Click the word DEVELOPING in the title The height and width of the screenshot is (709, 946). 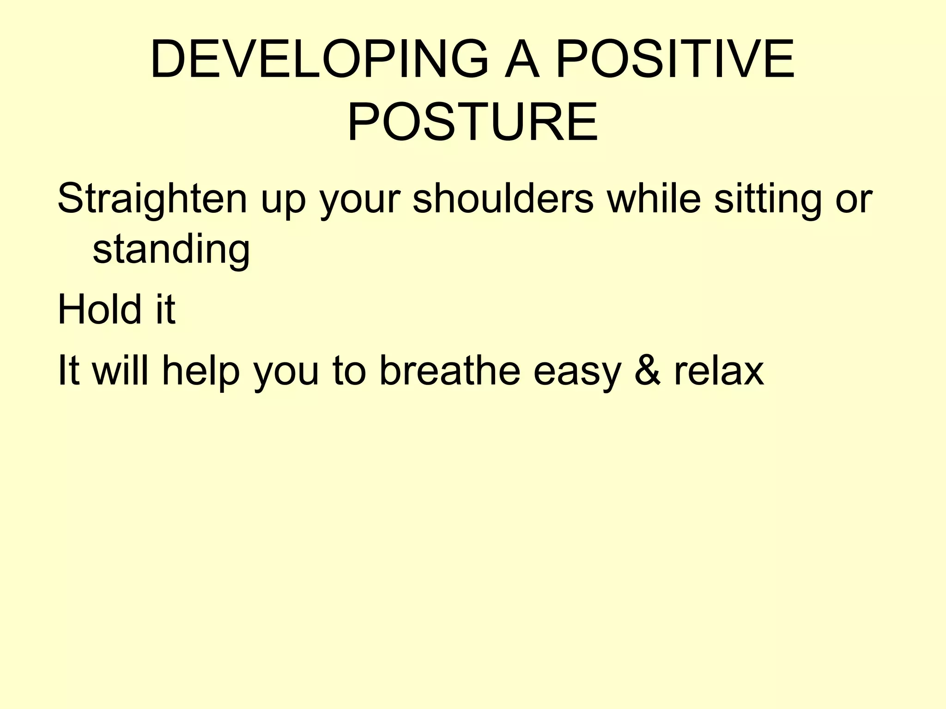coord(319,60)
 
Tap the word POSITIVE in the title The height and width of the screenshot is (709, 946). coord(675,60)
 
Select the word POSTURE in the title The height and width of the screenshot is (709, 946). coord(473,122)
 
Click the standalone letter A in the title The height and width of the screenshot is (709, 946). coord(522,60)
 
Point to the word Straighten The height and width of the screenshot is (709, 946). coord(152,199)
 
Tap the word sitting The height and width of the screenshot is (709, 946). coord(767,199)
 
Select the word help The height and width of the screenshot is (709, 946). coord(201,372)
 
